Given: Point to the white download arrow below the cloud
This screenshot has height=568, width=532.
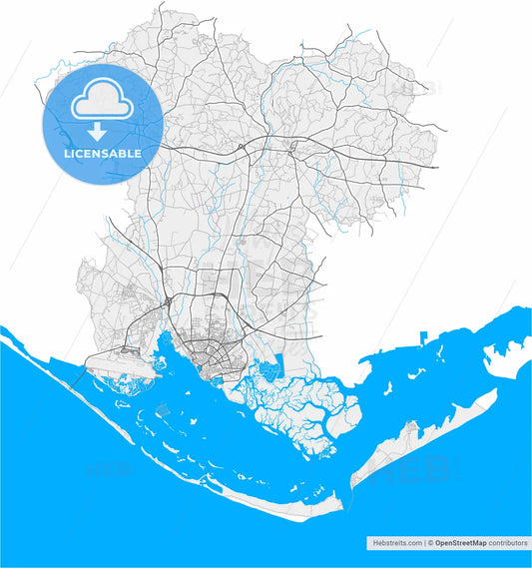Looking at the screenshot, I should click(98, 132).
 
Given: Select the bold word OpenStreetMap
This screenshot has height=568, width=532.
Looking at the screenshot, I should click(459, 543).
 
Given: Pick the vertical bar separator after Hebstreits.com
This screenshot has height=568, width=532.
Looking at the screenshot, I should click(423, 543).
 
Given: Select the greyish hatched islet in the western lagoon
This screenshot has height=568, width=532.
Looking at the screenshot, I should click(163, 409).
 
